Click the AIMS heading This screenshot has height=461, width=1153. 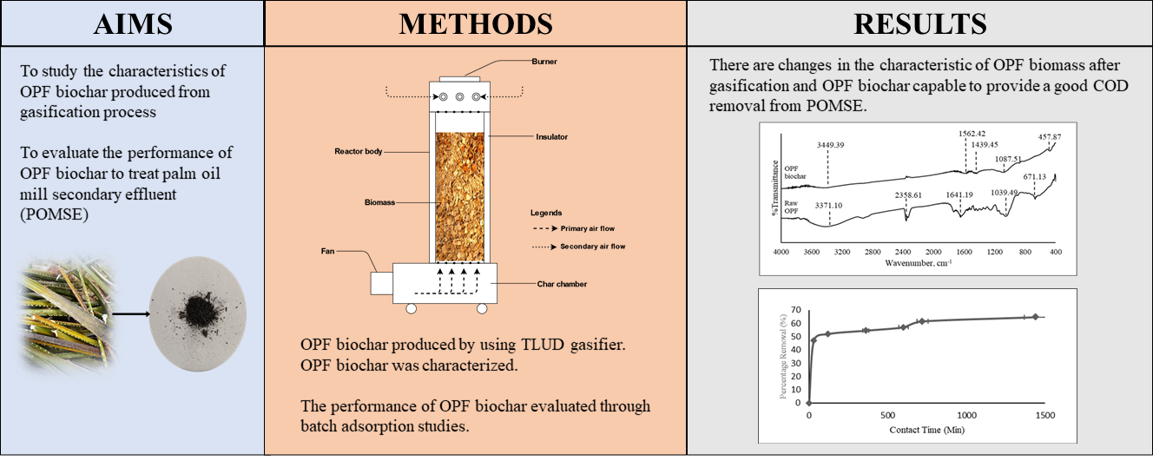pos(132,23)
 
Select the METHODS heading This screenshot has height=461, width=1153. pos(475,23)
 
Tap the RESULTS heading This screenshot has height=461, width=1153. pos(919,23)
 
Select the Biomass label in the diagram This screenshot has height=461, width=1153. pos(379,201)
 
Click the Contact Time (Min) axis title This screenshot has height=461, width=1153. pos(926,430)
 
